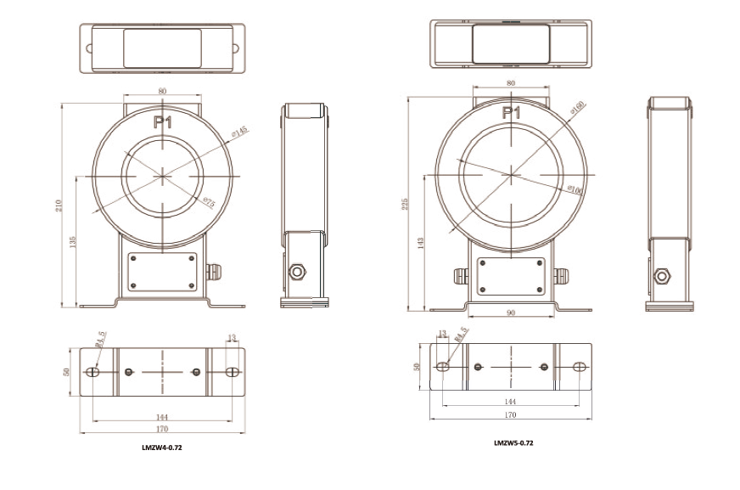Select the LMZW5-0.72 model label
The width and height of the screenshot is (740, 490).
513,442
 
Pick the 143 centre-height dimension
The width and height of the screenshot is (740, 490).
421,243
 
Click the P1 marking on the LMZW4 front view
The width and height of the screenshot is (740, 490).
163,123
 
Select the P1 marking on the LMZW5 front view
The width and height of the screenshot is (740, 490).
511,112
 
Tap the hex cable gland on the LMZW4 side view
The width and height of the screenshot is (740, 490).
298,272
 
